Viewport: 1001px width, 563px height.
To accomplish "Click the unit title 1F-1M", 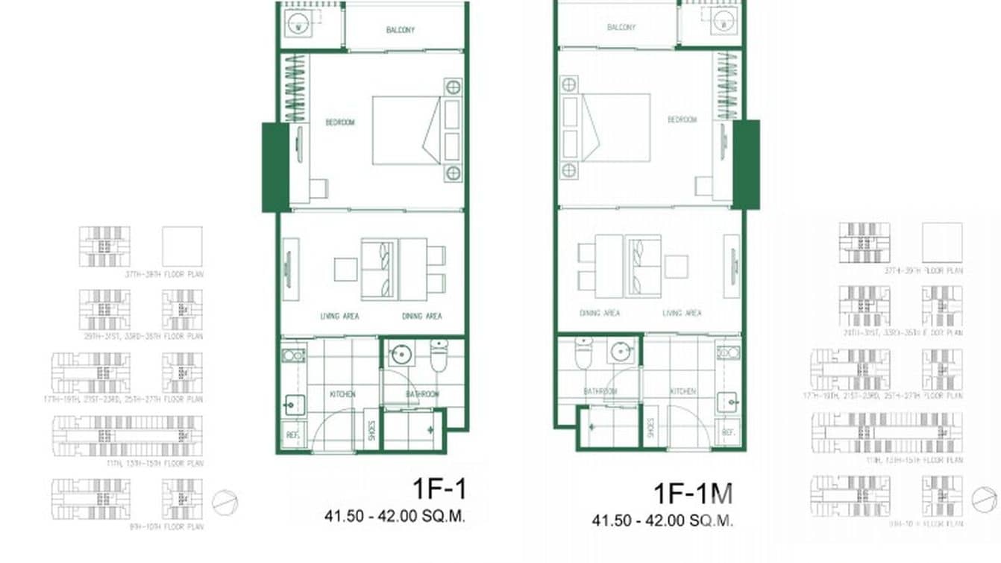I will [693, 494].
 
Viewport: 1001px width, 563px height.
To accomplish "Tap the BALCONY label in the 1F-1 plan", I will [401, 30].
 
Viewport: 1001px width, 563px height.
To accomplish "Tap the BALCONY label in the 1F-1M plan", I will [621, 27].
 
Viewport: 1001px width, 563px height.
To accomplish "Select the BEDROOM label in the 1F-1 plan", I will [339, 122].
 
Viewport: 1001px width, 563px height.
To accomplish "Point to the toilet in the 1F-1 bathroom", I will [439, 355].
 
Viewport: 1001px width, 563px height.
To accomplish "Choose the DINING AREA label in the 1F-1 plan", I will [421, 317].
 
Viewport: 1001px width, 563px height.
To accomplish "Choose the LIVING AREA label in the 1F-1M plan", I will [682, 314].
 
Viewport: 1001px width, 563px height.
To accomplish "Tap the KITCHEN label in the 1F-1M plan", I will [682, 391].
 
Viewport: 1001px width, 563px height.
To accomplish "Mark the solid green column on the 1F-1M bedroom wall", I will [746, 164].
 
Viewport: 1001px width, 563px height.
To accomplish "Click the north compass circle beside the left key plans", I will [224, 503].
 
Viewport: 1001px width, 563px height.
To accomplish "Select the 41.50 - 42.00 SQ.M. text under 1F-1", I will [395, 516].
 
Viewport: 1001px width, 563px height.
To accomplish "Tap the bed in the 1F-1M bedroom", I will [615, 127].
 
